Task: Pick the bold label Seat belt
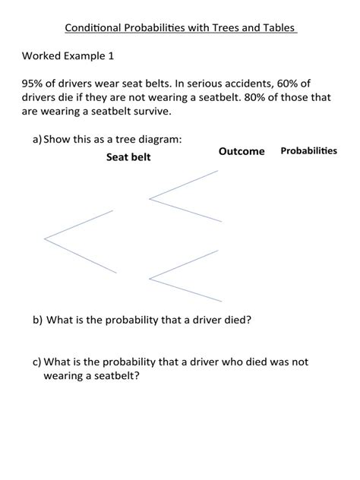tap(128, 157)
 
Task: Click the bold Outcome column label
tap(242, 151)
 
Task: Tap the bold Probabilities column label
tap(308, 151)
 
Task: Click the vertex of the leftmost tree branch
tap(45, 238)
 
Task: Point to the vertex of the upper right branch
tap(150, 199)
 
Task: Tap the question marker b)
tap(37, 320)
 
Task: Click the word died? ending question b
tap(235, 320)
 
